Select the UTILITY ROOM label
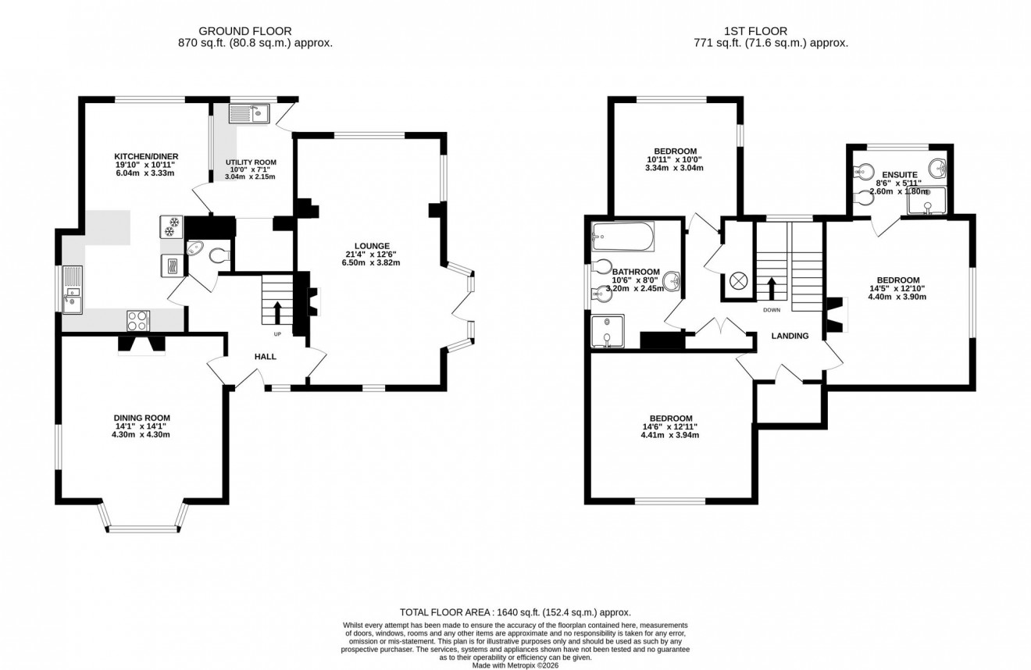[251, 162]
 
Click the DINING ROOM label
[141, 418]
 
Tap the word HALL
[266, 357]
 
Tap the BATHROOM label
[636, 272]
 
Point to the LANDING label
[790, 336]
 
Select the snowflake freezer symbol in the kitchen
[172, 226]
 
